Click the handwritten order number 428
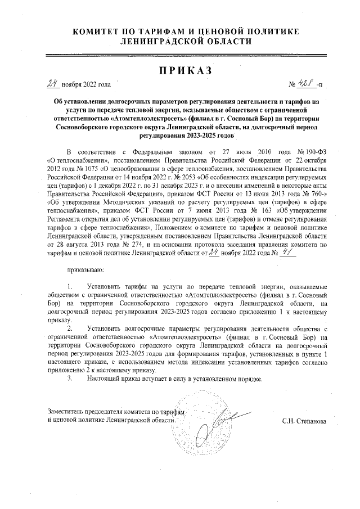[306, 83]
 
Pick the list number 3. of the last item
[70, 379]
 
